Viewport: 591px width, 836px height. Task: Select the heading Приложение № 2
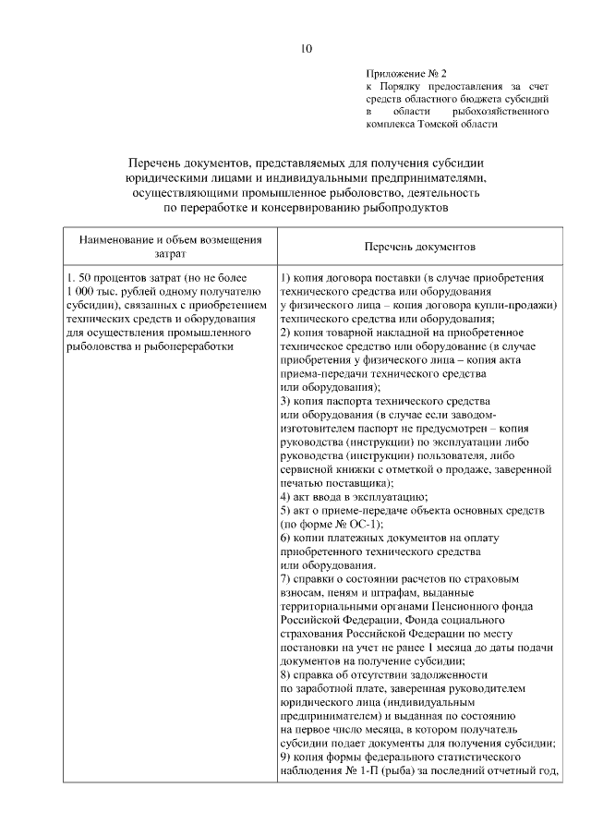[406, 71]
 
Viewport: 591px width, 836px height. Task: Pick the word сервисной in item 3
[305, 470]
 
